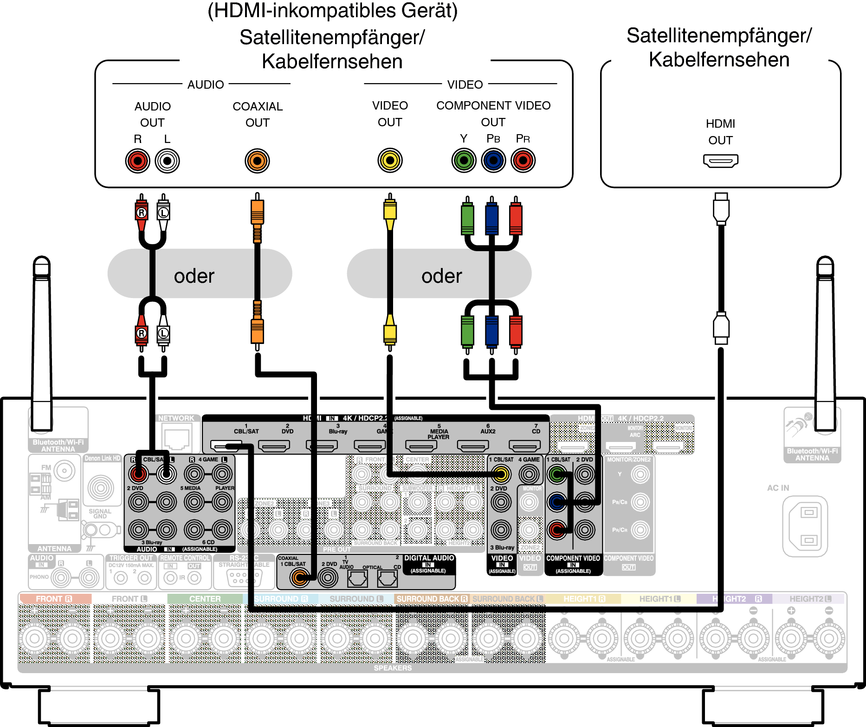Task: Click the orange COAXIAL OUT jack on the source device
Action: [x=257, y=161]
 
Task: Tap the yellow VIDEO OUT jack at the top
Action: [x=390, y=161]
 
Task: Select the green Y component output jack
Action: [x=464, y=161]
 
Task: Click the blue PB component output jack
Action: [x=493, y=161]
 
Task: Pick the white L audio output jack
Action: [x=167, y=161]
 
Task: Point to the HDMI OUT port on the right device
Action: [x=720, y=161]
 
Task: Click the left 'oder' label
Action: [x=194, y=276]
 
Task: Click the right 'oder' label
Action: [x=441, y=276]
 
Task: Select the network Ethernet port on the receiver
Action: [x=176, y=438]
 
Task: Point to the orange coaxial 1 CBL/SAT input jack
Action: [x=300, y=578]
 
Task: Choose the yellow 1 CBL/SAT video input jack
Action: [x=501, y=474]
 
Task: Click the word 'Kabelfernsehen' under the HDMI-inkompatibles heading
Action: [x=332, y=61]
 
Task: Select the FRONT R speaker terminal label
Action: [x=54, y=599]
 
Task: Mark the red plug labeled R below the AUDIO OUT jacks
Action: [x=142, y=213]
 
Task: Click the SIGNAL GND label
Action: [x=100, y=513]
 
